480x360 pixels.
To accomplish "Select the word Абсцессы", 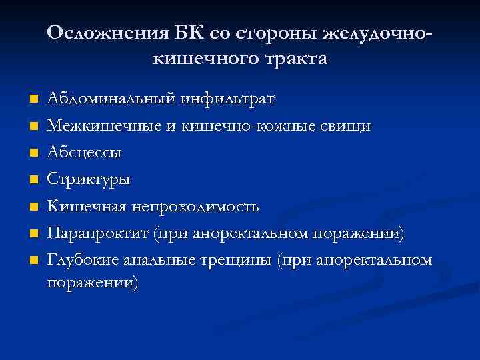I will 84,153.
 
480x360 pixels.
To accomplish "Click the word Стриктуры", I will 89,179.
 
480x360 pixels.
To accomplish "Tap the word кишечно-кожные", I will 263,126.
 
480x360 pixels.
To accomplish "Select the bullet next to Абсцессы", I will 33,153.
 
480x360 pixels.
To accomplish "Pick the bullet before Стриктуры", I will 33,180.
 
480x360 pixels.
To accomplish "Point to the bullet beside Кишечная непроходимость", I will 33,207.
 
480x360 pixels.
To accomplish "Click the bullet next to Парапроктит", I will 33,233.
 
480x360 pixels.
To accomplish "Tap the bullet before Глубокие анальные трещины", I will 33,260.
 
